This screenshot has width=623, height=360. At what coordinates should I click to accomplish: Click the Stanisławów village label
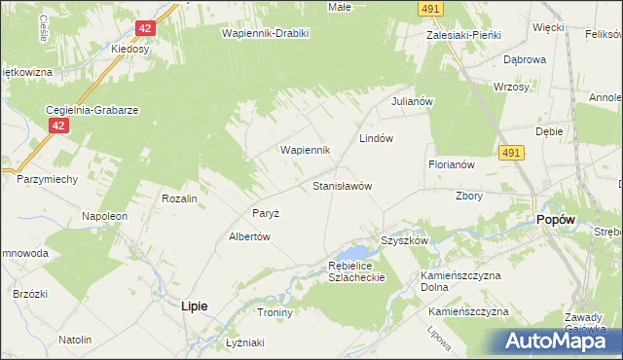tap(343, 185)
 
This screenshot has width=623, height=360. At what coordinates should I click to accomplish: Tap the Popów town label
tap(556, 220)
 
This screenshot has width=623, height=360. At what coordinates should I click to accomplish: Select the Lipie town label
tap(195, 306)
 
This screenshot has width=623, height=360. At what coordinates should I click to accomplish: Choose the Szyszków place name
tap(405, 240)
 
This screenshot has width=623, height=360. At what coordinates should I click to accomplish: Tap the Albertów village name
tap(248, 236)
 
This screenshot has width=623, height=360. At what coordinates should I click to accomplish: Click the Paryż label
tap(266, 213)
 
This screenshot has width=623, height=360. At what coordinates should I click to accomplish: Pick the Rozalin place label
tap(180, 198)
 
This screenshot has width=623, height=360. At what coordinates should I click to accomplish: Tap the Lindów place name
tap(376, 138)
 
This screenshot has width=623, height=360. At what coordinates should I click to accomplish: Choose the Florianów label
tap(451, 164)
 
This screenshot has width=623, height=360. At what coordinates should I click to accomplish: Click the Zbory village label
tap(469, 195)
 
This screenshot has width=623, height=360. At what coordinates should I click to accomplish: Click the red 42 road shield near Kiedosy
tap(144, 30)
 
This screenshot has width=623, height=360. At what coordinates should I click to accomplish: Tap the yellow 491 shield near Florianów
tap(512, 153)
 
